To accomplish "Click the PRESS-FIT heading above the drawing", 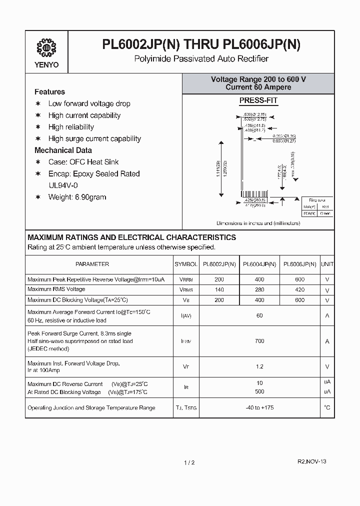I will tap(258, 100).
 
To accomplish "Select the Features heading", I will tap(49, 92).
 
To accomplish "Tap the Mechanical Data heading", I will tap(63, 150).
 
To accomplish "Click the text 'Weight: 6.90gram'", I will tap(77, 197).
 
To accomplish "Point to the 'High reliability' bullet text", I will tap(71, 127).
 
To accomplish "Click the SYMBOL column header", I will tap(186, 264).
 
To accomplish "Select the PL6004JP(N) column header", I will tap(259, 264).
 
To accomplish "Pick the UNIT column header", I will tap(327, 264).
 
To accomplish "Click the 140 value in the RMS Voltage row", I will tap(219, 289).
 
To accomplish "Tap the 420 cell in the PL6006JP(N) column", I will tap(299, 289).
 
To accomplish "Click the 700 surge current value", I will tap(259, 341).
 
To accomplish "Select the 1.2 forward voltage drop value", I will tap(259, 366).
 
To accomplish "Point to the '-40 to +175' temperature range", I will tap(259, 408).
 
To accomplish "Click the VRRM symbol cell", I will tap(186, 279).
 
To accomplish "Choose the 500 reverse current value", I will tap(259, 391).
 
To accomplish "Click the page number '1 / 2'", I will tap(189, 462).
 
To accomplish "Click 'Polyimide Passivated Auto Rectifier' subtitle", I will tap(201, 59).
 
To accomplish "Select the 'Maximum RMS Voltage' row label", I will tap(56, 289).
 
